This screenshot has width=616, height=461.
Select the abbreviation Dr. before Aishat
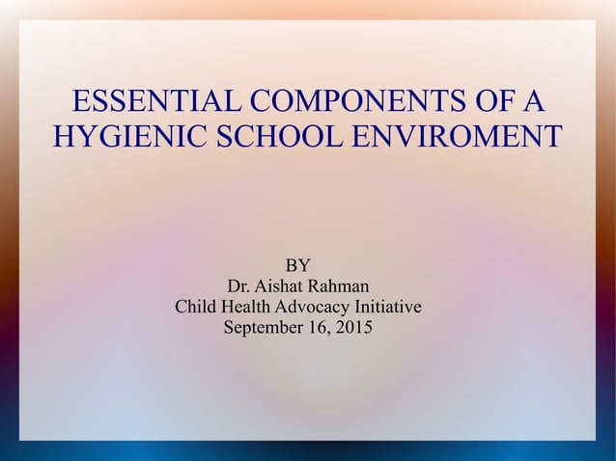(238, 286)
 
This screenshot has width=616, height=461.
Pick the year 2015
(352, 329)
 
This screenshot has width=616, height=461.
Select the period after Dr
(248, 291)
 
